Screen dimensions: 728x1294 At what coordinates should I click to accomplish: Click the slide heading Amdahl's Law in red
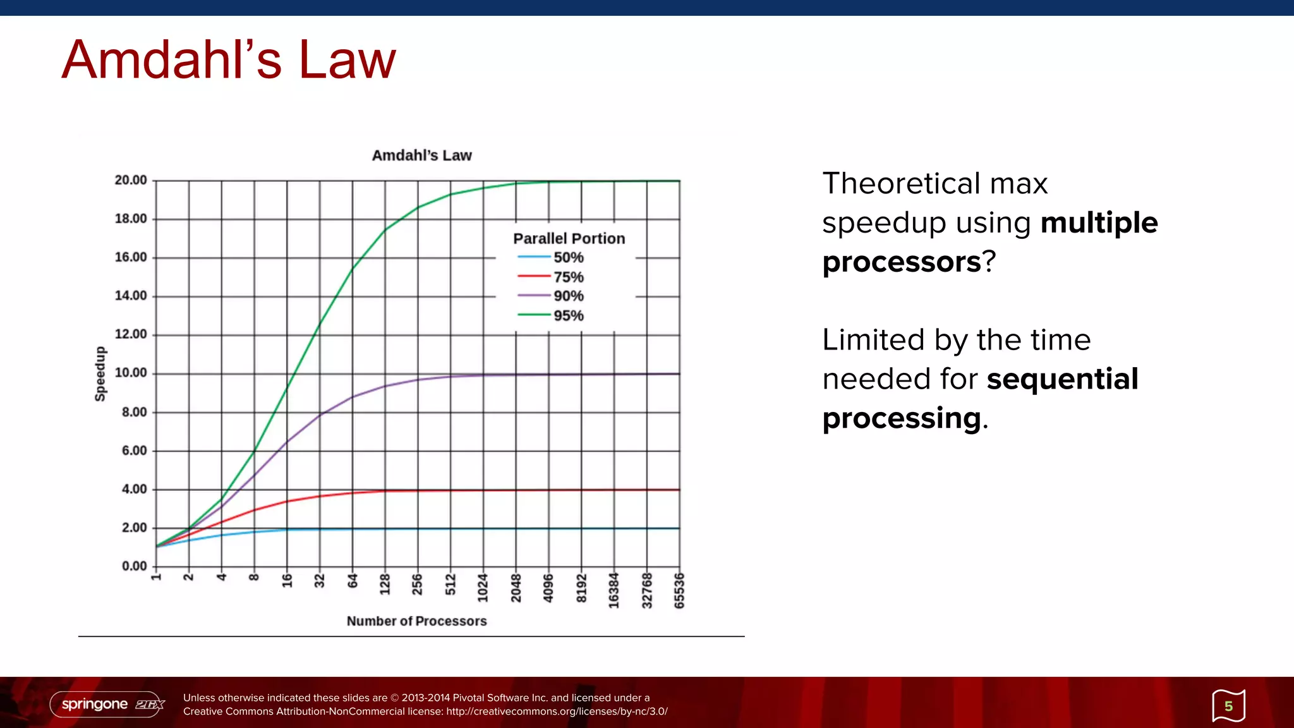[229, 60]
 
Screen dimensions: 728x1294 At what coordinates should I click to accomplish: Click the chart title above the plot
[421, 155]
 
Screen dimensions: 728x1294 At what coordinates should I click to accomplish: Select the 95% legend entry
[568, 315]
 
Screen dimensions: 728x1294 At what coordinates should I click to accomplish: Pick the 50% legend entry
[568, 258]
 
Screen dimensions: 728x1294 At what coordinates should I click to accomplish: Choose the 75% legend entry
[568, 277]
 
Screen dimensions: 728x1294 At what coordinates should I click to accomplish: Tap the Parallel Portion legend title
[569, 239]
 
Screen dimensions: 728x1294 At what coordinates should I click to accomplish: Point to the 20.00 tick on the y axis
[131, 180]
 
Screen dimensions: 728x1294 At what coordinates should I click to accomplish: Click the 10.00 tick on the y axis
[131, 373]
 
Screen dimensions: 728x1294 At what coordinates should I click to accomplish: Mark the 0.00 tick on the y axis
[134, 566]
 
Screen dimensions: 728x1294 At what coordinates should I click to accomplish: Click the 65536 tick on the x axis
[679, 591]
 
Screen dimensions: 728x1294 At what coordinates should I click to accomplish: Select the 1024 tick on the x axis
[483, 588]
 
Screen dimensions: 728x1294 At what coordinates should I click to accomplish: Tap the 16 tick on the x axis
[287, 581]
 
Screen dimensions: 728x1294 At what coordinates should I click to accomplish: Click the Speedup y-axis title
[100, 373]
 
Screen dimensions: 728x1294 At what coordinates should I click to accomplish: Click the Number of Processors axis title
[416, 621]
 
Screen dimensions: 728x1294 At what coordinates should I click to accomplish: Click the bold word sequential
[1062, 379]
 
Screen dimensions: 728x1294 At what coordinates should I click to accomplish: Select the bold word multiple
[1099, 222]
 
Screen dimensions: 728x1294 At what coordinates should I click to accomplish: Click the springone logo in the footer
[107, 704]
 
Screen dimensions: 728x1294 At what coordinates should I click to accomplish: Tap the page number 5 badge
[1228, 706]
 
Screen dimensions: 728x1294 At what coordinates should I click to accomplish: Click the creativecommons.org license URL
[557, 712]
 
